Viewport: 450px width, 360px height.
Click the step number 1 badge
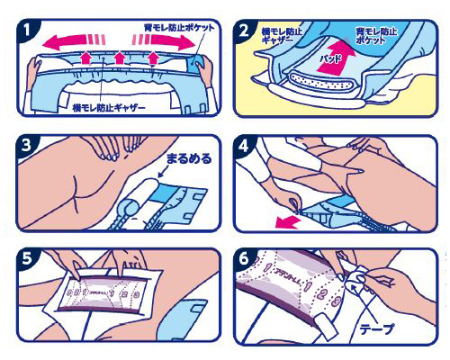(x=28, y=30)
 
